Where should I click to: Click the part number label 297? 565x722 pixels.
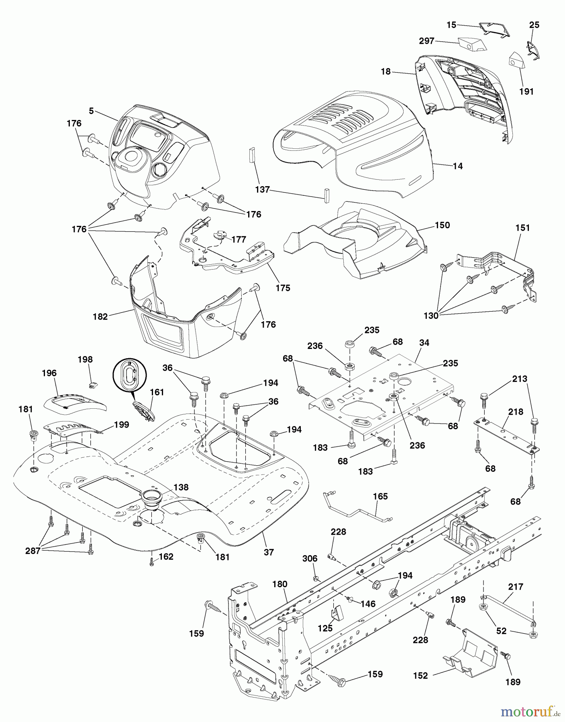click(426, 41)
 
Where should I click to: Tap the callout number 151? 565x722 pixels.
click(522, 228)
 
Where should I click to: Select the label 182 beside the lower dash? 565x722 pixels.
click(100, 316)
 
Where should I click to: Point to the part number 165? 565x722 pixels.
click(380, 497)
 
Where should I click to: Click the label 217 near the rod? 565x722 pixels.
click(516, 587)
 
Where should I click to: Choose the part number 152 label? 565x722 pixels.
click(420, 675)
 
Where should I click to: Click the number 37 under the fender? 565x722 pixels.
click(269, 552)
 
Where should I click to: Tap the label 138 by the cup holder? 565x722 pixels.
click(181, 487)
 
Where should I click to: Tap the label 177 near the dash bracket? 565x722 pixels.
click(239, 239)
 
